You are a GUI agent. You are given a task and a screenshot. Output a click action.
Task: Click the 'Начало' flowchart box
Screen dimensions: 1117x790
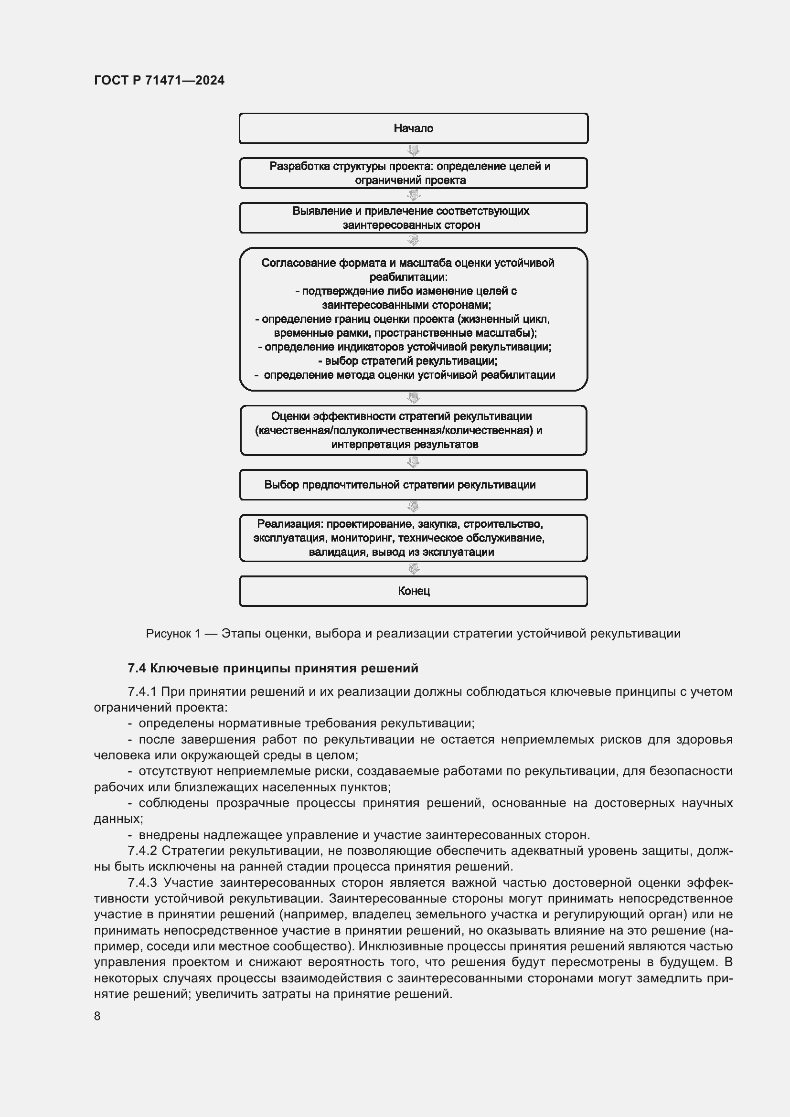(413, 128)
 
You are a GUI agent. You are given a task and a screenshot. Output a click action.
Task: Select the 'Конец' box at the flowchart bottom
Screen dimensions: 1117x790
(413, 591)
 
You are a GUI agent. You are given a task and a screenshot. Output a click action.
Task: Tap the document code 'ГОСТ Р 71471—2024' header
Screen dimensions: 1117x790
(159, 80)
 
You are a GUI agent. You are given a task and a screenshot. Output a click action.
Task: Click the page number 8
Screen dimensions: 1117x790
(97, 1016)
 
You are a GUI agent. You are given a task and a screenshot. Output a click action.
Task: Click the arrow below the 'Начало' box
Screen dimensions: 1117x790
(413, 150)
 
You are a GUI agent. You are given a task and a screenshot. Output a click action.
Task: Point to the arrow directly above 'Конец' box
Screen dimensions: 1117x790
(413, 568)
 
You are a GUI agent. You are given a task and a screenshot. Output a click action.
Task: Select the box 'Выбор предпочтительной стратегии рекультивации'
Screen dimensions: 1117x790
(400, 485)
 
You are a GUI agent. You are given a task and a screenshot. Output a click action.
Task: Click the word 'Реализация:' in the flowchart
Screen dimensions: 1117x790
(290, 524)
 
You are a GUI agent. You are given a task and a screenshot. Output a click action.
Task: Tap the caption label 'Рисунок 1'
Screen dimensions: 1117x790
(173, 633)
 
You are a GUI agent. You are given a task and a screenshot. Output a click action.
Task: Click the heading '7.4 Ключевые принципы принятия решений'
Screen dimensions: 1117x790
(273, 668)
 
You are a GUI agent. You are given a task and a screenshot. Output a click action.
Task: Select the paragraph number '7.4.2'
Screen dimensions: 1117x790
(142, 851)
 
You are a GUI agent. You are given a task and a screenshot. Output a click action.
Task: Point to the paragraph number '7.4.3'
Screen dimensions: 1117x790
(142, 882)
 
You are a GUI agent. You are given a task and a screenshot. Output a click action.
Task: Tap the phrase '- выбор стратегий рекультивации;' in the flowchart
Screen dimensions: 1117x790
(407, 361)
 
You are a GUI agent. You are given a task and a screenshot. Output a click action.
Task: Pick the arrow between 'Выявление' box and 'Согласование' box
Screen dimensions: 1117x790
(413, 240)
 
